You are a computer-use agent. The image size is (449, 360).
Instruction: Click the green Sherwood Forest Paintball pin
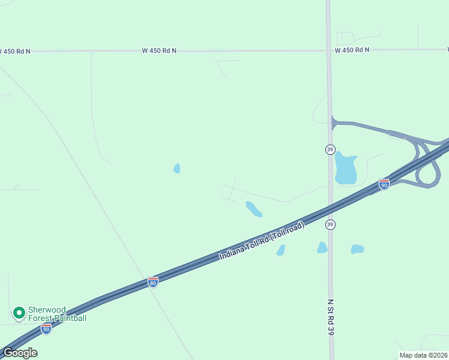(19, 313)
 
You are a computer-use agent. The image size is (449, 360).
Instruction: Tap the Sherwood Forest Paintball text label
(57, 313)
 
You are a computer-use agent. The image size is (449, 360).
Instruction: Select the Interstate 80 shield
(153, 282)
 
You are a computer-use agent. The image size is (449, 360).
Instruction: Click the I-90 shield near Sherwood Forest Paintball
(46, 328)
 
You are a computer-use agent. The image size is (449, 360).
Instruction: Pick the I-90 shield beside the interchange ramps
(384, 184)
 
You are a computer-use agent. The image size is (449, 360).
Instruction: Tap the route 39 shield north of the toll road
(330, 149)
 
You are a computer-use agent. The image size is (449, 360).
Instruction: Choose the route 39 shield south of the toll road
(330, 224)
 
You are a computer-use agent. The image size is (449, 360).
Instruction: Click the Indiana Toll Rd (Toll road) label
(262, 241)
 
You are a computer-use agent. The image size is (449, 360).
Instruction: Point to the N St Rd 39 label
(330, 318)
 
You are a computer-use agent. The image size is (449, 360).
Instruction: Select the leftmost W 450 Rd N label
(15, 52)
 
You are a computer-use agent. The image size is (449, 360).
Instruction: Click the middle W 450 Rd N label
(159, 51)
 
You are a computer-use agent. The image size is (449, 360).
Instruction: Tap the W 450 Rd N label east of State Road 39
(352, 50)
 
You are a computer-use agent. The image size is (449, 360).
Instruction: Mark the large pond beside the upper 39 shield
(345, 169)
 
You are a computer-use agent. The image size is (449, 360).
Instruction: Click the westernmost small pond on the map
(177, 169)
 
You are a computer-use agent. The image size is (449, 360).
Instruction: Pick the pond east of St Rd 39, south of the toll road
(357, 249)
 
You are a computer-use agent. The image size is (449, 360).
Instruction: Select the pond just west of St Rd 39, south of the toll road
(322, 248)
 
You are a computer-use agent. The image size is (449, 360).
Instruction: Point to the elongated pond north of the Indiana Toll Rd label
(253, 209)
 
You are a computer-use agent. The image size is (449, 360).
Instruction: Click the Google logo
(20, 352)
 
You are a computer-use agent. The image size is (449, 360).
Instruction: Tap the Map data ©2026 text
(423, 355)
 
